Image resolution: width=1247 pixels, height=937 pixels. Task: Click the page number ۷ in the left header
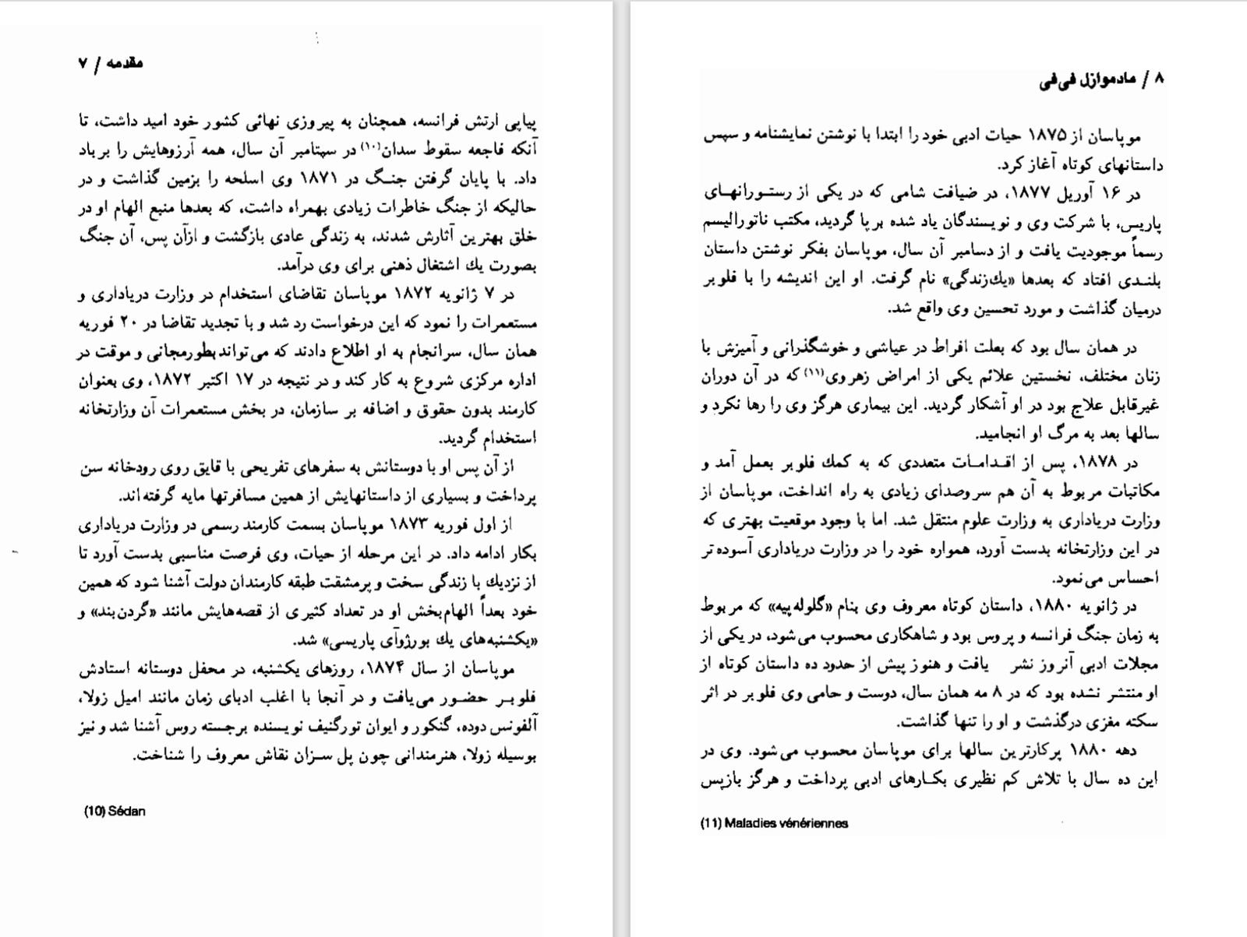coord(83,64)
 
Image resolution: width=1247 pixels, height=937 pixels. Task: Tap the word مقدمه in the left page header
coord(125,63)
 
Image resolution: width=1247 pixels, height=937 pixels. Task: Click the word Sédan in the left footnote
coord(126,811)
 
